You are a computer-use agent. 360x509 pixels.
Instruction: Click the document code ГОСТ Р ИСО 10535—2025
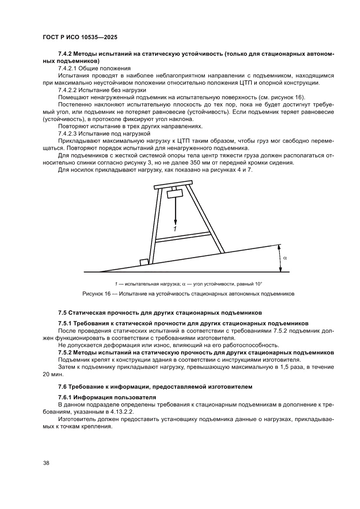pos(80,37)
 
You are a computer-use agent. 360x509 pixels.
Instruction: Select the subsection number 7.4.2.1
pos(68,69)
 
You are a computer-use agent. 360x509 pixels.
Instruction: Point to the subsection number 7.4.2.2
pos(68,90)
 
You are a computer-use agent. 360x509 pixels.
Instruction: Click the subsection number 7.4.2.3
pos(68,133)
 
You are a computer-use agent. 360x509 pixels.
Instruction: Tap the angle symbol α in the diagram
pos(285,257)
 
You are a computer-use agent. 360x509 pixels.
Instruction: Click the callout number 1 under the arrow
pos(175,228)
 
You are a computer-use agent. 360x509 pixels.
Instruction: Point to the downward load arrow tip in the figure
pos(175,221)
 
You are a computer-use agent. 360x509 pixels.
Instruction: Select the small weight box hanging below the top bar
pos(175,194)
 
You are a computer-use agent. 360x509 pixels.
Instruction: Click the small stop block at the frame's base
pos(143,262)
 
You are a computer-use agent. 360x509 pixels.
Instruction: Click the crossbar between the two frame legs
pos(183,238)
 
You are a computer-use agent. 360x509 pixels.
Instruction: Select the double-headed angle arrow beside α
pos(279,258)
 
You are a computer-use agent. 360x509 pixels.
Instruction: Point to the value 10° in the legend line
pos(258,283)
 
